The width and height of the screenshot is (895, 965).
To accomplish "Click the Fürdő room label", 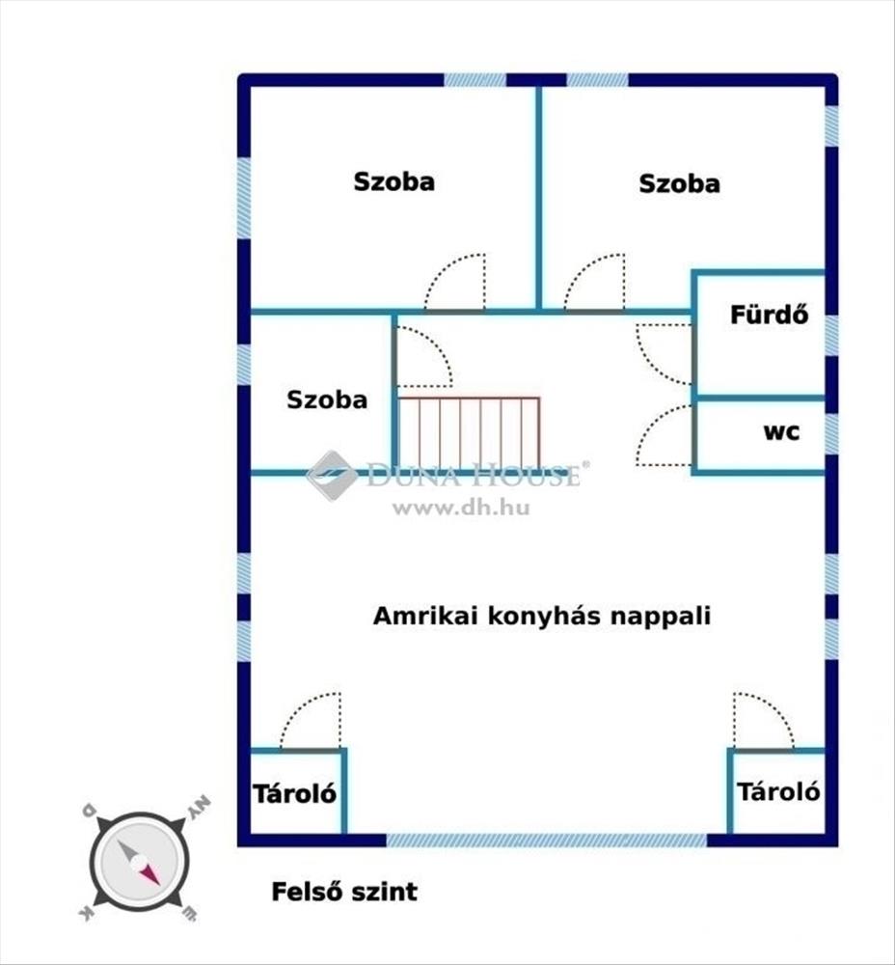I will pyautogui.click(x=769, y=315).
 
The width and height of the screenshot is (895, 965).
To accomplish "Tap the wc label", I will pyautogui.click(x=781, y=432).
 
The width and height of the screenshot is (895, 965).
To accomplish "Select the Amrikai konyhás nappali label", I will pyautogui.click(x=542, y=617).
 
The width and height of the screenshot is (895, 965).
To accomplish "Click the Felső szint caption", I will pyautogui.click(x=344, y=891).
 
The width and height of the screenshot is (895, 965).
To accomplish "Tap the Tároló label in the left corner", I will pyautogui.click(x=295, y=794).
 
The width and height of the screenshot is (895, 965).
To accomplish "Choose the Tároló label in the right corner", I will pyautogui.click(x=779, y=792).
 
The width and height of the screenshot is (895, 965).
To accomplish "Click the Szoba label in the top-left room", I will pyautogui.click(x=393, y=181).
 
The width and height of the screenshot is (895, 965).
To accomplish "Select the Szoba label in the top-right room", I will pyautogui.click(x=680, y=183).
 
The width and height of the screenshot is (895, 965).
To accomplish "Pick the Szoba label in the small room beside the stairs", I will pyautogui.click(x=327, y=400).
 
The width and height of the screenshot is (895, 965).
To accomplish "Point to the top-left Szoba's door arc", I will pyautogui.click(x=456, y=283).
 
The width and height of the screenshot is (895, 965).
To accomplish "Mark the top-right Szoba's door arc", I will pyautogui.click(x=593, y=283).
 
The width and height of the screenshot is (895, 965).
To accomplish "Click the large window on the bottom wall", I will pyautogui.click(x=546, y=841).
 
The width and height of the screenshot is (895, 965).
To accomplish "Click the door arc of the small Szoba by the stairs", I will pyautogui.click(x=422, y=356).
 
